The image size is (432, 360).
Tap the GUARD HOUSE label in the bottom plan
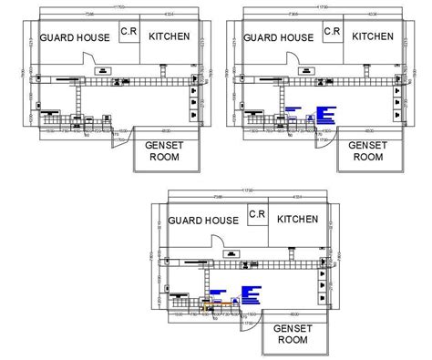pos(202,221)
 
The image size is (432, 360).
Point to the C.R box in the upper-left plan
pos(129,33)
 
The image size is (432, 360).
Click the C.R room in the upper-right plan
pos(331,33)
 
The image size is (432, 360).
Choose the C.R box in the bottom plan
pos(256,214)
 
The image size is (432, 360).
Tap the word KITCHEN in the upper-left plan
pos(170,36)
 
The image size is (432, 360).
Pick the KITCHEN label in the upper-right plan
pos(374,36)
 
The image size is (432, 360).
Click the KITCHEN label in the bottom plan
pos(298,220)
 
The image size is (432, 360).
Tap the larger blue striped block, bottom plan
pos(251,295)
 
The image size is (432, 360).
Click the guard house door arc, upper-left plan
pos(89,57)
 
